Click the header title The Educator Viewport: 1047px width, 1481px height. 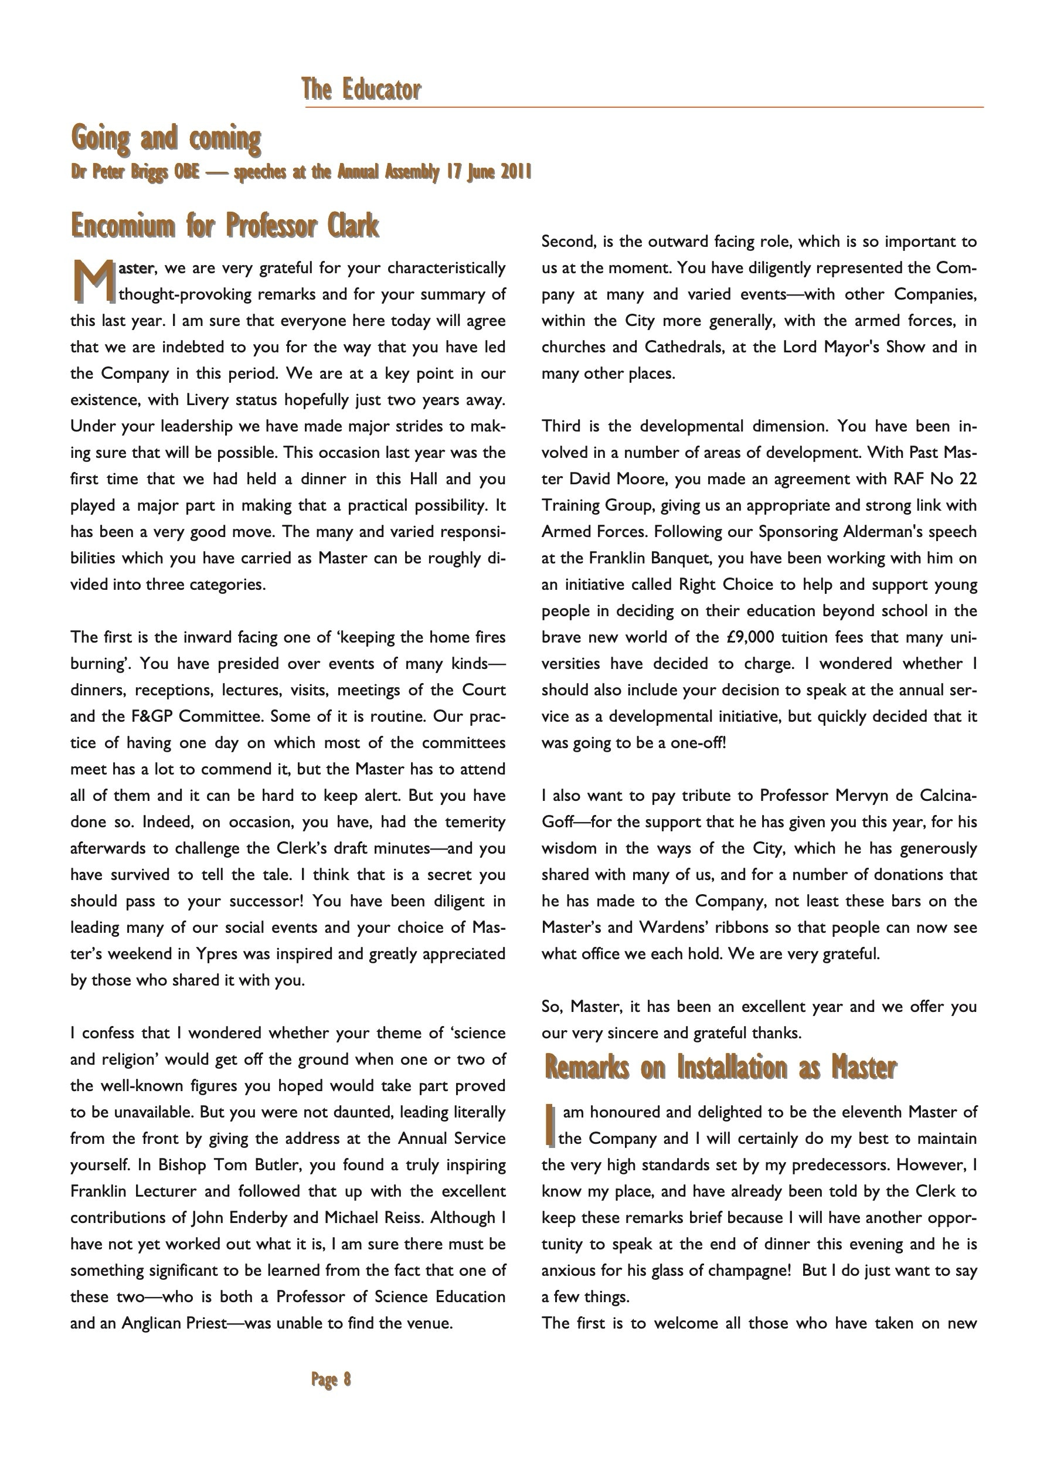point(361,90)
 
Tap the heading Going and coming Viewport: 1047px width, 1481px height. point(166,138)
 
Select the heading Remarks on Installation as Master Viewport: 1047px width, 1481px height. point(720,1068)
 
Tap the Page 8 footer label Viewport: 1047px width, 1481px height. point(331,1379)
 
